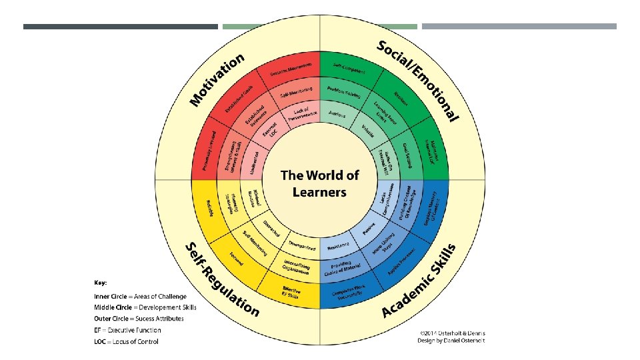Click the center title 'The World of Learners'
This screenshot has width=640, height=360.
pyautogui.click(x=319, y=183)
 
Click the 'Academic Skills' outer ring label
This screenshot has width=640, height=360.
pyautogui.click(x=420, y=280)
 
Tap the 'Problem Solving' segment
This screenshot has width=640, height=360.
pyautogui.click(x=344, y=94)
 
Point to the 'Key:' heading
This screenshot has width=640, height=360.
pyautogui.click(x=100, y=282)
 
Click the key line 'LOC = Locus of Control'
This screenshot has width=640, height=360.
pyautogui.click(x=127, y=341)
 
